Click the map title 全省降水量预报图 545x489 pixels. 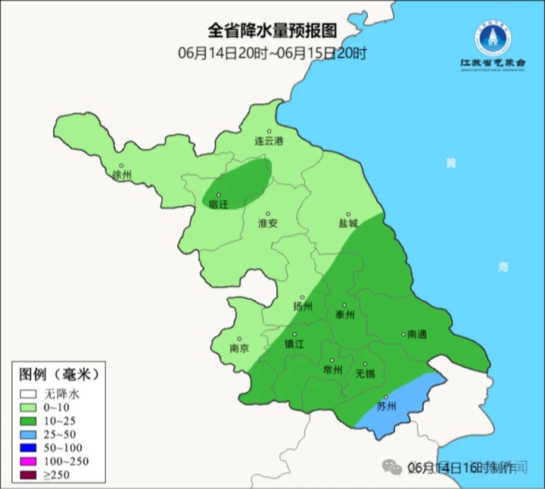(x=272, y=31)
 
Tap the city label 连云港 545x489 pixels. (x=268, y=142)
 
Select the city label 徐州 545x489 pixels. (x=122, y=176)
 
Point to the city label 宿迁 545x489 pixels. (x=218, y=204)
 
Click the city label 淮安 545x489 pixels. (x=268, y=223)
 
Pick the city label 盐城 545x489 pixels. (x=348, y=224)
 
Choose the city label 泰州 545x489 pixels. (x=344, y=315)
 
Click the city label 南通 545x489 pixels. (x=417, y=334)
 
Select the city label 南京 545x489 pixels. (x=239, y=349)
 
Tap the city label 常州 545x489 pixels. (x=332, y=370)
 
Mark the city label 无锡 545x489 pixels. (x=365, y=373)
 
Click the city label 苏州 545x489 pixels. (x=386, y=406)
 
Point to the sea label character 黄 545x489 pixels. (x=451, y=163)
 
